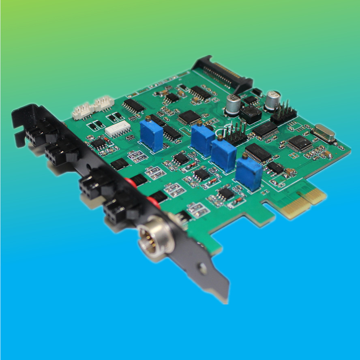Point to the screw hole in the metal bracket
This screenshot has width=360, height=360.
pos(201,268)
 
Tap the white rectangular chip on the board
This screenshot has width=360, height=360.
pos(118,129)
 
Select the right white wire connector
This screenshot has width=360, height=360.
pos(103,103)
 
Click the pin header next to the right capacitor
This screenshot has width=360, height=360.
pos(284,113)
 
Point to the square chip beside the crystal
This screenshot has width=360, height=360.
pos(299,143)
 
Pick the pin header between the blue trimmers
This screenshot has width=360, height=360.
pos(235,134)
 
